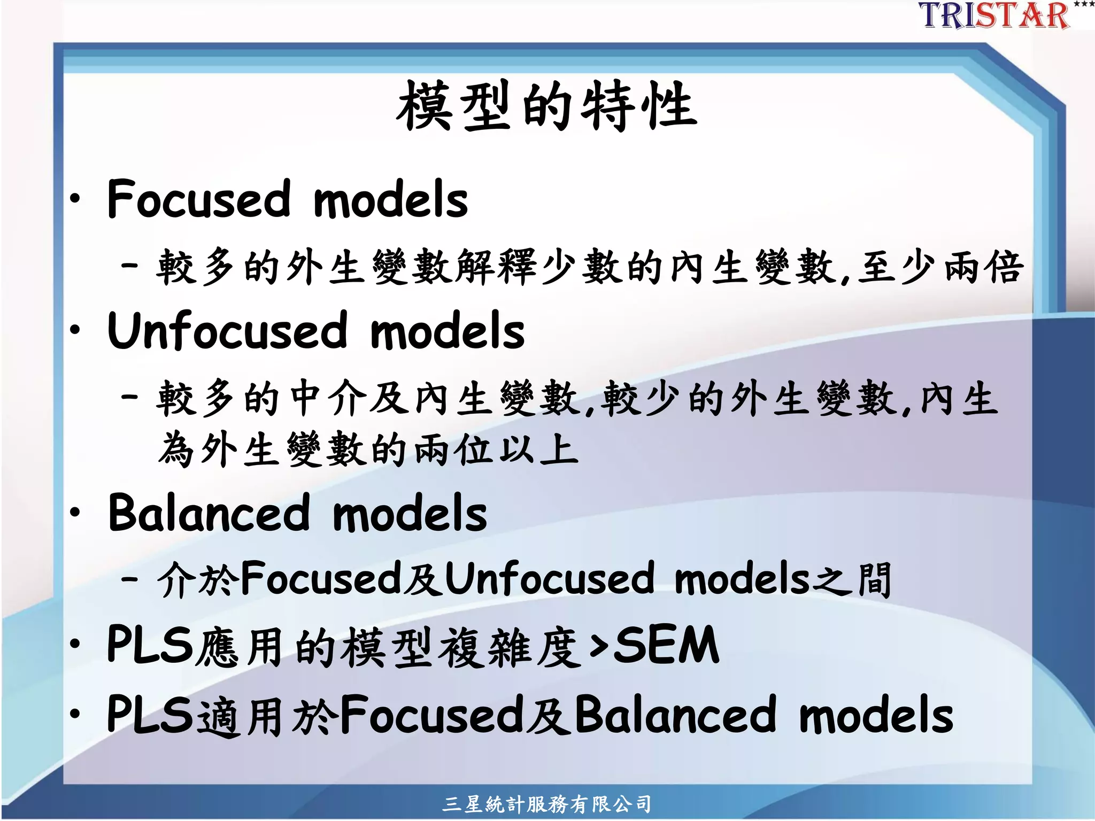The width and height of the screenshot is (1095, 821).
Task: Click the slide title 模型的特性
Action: coord(546,106)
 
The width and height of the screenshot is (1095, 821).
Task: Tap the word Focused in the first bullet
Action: coord(198,199)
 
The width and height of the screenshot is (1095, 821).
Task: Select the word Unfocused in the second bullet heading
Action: coord(228,331)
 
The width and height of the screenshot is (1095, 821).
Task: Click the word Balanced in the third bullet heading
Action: coord(209,513)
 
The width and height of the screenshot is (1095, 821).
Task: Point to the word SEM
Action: coord(666,646)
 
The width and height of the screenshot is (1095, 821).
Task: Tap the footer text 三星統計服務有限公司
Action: coord(546,804)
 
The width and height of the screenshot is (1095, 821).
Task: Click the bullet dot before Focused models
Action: coord(75,199)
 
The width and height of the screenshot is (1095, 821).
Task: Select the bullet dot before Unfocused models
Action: coord(75,330)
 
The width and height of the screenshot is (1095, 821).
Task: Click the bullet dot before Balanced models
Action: coord(75,512)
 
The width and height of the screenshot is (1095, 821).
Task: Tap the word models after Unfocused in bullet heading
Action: coord(448,331)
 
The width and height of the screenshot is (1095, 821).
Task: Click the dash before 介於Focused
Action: coord(130,578)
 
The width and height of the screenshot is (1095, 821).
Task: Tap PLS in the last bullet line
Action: coord(149,715)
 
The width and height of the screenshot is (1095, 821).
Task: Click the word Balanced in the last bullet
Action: coord(675,715)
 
